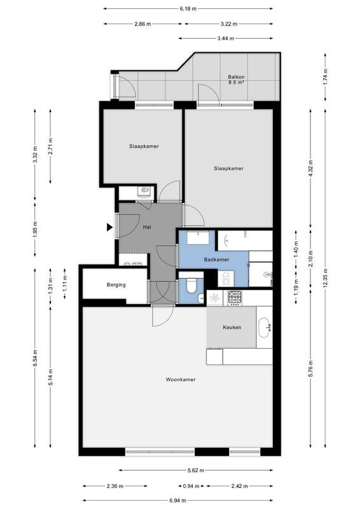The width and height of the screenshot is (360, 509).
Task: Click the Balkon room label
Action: [237, 77]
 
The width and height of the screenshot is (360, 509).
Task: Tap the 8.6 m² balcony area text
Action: [237, 83]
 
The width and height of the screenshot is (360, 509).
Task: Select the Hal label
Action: [147, 227]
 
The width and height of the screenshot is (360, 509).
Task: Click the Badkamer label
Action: [216, 260]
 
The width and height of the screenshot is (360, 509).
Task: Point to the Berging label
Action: [116, 284]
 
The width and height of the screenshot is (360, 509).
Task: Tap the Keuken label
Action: [232, 327]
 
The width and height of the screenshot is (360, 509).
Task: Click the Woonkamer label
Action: [180, 379]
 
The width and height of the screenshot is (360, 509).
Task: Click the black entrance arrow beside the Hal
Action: [110, 226]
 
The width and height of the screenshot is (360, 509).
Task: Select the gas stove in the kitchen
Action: [235, 296]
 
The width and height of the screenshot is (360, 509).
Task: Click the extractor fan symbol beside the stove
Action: [214, 296]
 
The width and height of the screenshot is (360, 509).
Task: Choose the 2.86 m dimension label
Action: [143, 24]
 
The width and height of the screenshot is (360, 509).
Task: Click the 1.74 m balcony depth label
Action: [325, 77]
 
